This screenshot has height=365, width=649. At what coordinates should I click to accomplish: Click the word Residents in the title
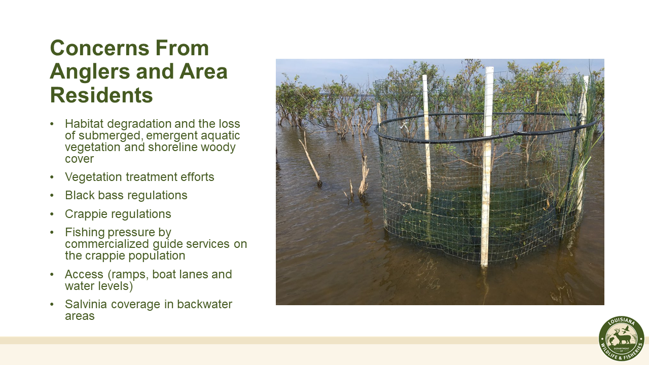(x=101, y=95)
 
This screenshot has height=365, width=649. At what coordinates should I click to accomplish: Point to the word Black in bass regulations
(x=79, y=195)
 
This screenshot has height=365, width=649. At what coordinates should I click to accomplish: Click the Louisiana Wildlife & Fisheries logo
(x=621, y=339)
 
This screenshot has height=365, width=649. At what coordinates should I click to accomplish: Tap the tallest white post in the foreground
(x=487, y=167)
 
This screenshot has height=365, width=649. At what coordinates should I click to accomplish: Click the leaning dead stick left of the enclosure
(x=310, y=160)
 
